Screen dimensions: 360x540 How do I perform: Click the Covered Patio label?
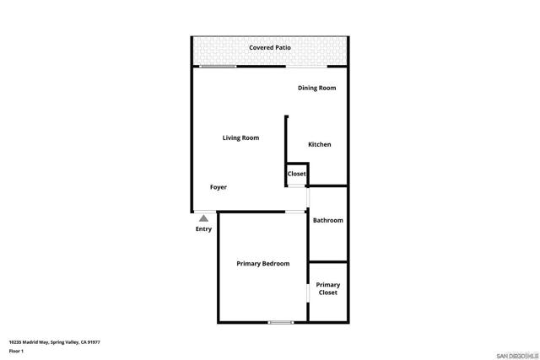pyautogui.click(x=270, y=48)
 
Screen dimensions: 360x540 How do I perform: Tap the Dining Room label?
pyautogui.click(x=316, y=88)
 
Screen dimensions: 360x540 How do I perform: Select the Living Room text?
pyautogui.click(x=240, y=137)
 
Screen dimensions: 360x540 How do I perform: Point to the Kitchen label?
pyautogui.click(x=319, y=144)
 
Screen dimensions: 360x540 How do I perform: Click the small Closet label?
pyautogui.click(x=297, y=174)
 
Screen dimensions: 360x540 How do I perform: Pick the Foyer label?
pyautogui.click(x=219, y=187)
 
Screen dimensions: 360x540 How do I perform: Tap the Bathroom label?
pyautogui.click(x=328, y=220)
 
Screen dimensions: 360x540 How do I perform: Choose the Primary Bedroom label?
pyautogui.click(x=262, y=264)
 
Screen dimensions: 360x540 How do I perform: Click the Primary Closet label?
pyautogui.click(x=328, y=288)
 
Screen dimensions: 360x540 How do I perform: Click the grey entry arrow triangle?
pyautogui.click(x=203, y=218)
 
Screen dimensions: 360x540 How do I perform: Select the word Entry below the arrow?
pyautogui.click(x=203, y=229)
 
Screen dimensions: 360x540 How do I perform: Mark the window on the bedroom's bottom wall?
pyautogui.click(x=280, y=322)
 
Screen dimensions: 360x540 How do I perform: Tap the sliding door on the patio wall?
pyautogui.click(x=218, y=67)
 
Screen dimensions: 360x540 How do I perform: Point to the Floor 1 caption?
pyautogui.click(x=16, y=351)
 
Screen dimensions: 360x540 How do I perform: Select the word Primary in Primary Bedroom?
pyautogui.click(x=249, y=264)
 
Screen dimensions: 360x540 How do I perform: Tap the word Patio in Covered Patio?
pyautogui.click(x=282, y=48)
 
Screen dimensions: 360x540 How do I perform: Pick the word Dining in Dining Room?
pyautogui.click(x=308, y=88)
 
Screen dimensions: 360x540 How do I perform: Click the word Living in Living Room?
pyautogui.click(x=232, y=137)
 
